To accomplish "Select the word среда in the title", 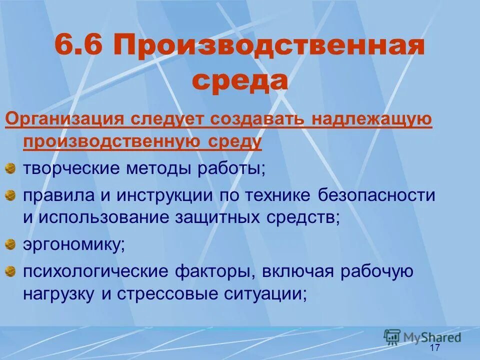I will pos(240,81).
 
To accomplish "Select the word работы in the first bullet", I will pos(232,168).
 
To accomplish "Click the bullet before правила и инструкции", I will pos(10,196).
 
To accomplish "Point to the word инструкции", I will pos(167,195).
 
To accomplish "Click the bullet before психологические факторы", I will pos(10,272).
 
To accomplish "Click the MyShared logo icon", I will pos(392,336).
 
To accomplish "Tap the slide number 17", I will pos(434,348).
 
